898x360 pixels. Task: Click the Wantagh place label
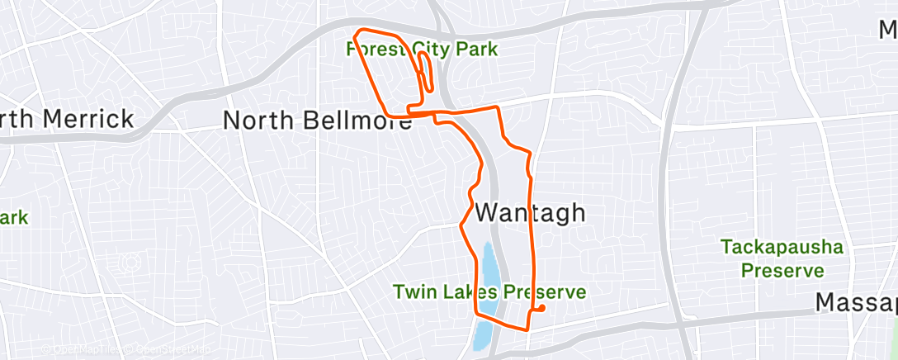click(x=530, y=212)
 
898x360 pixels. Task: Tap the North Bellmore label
click(x=318, y=121)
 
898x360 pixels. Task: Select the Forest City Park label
click(x=422, y=50)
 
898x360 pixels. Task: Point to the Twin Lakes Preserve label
click(x=489, y=292)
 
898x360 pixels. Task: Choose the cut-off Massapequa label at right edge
click(x=856, y=303)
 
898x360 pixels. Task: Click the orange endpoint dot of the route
click(x=541, y=309)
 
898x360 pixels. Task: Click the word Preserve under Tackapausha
click(x=782, y=270)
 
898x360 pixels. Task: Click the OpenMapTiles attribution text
click(x=83, y=349)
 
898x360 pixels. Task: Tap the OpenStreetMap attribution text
click(x=173, y=349)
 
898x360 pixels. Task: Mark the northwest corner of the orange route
click(x=357, y=33)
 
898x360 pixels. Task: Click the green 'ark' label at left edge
click(x=14, y=219)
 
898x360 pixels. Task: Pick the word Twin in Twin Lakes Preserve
click(x=414, y=292)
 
